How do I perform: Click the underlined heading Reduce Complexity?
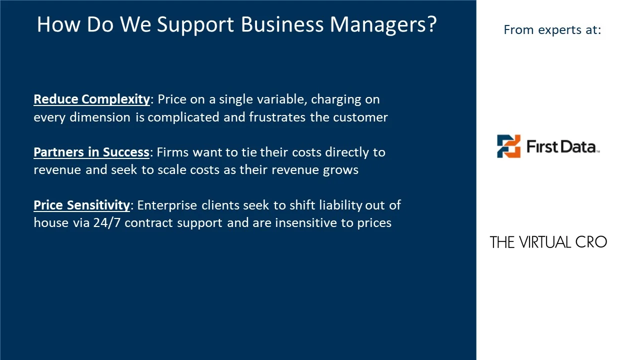(91, 99)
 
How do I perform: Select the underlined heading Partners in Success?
(91, 152)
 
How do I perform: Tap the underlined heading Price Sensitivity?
(81, 205)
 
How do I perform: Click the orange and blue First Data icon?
(508, 146)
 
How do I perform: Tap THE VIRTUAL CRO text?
(548, 242)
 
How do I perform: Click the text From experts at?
(552, 30)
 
